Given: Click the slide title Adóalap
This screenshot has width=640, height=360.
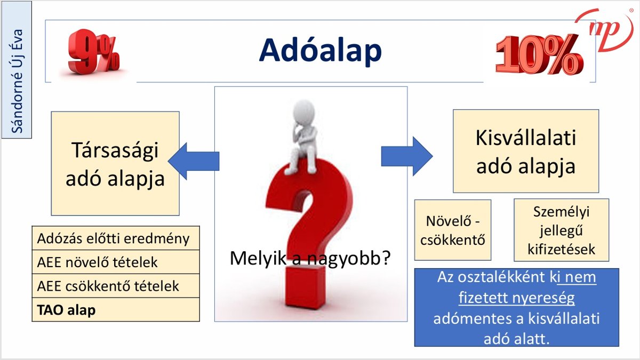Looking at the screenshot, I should pyautogui.click(x=321, y=51).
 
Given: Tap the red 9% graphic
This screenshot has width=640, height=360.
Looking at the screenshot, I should pyautogui.click(x=94, y=52).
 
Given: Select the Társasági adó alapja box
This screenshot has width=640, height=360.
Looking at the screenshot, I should pyautogui.click(x=115, y=163).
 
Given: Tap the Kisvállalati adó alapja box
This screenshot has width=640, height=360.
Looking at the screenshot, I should pyautogui.click(x=525, y=151).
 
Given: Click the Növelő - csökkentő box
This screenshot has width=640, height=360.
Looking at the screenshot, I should pyautogui.click(x=452, y=230).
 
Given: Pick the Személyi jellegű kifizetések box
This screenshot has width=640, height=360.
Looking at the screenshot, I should pyautogui.click(x=561, y=230).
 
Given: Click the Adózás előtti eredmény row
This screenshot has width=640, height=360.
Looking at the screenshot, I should pyautogui.click(x=115, y=238).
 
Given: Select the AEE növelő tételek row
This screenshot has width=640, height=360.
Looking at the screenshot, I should pyautogui.click(x=115, y=262).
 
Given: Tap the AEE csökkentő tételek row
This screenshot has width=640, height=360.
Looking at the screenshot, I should pyautogui.click(x=115, y=286).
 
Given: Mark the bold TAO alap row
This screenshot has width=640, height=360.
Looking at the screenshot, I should pyautogui.click(x=115, y=310).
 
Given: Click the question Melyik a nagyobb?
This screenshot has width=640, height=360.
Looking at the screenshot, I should pyautogui.click(x=310, y=258).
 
